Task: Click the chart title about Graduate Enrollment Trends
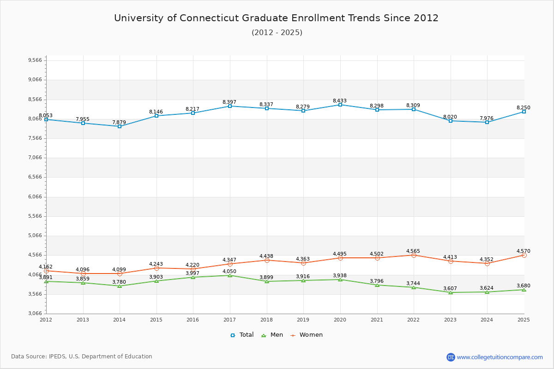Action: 276,18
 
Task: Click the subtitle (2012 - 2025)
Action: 277,32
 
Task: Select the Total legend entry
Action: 242,335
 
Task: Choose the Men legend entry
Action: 272,335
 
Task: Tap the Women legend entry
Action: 307,335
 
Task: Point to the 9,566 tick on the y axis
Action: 35,60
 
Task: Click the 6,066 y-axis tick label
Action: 35,196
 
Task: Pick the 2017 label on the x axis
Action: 229,319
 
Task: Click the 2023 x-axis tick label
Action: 450,319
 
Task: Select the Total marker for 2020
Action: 340,105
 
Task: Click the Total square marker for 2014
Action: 120,126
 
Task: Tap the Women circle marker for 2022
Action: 414,255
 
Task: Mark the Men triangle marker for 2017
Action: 230,275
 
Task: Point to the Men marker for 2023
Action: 451,292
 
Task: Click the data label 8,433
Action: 339,101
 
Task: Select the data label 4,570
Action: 523,251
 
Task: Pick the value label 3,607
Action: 450,288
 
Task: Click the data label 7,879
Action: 119,122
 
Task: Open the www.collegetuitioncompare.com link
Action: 500,357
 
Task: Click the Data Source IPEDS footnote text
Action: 82,357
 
